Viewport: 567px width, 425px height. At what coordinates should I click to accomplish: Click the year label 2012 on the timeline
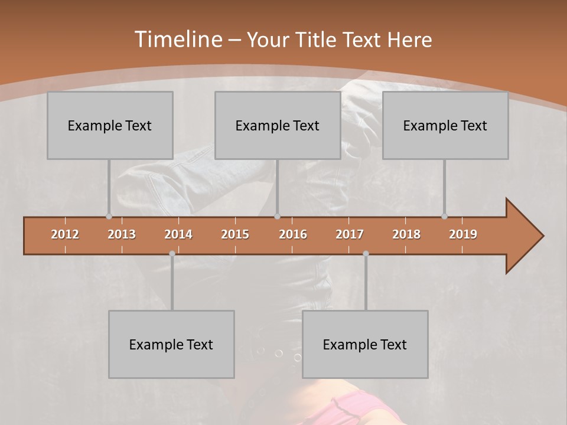[x=65, y=234]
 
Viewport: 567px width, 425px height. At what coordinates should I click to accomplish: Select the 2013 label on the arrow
[x=122, y=234]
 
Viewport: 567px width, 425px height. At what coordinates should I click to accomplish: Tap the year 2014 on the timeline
[x=178, y=234]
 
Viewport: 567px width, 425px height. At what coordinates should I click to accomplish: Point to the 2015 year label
[x=235, y=234]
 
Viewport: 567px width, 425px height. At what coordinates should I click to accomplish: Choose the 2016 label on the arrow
[x=293, y=234]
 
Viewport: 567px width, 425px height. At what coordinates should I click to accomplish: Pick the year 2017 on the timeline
[x=350, y=234]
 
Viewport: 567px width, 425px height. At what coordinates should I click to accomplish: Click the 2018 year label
[x=406, y=234]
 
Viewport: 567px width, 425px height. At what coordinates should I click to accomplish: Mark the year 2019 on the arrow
[x=463, y=234]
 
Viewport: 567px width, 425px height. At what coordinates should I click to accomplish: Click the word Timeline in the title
[x=177, y=40]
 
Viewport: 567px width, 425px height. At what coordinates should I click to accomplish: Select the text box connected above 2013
[x=110, y=125]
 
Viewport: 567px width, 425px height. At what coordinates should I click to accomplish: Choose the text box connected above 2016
[x=278, y=125]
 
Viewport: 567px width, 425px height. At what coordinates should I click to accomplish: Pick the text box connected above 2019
[x=445, y=125]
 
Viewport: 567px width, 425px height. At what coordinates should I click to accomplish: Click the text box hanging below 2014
[x=171, y=344]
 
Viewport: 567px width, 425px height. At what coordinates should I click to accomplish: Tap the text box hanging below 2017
[x=365, y=344]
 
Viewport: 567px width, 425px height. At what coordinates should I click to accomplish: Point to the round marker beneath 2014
[x=172, y=253]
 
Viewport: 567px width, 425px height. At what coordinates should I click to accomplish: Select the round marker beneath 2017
[x=366, y=253]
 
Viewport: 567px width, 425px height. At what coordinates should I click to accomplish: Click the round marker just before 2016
[x=277, y=217]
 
